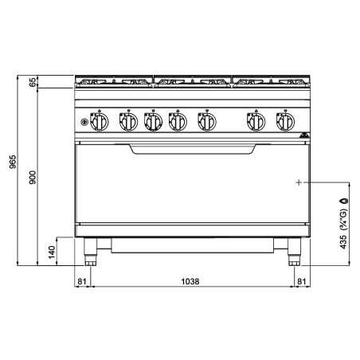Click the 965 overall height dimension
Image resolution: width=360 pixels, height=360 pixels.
(13, 162)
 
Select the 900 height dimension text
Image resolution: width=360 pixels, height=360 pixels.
(33, 178)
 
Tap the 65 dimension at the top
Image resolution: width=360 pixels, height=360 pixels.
(33, 82)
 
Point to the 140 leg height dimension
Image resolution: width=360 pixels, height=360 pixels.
(52, 252)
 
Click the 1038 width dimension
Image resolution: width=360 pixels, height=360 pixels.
(190, 281)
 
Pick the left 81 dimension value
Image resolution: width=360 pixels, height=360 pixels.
(82, 281)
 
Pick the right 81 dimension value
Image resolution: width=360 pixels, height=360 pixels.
(302, 281)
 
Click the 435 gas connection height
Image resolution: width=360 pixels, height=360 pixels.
(343, 242)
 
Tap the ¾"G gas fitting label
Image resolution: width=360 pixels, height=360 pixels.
(343, 219)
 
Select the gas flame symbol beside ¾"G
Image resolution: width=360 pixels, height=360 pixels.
(344, 201)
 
